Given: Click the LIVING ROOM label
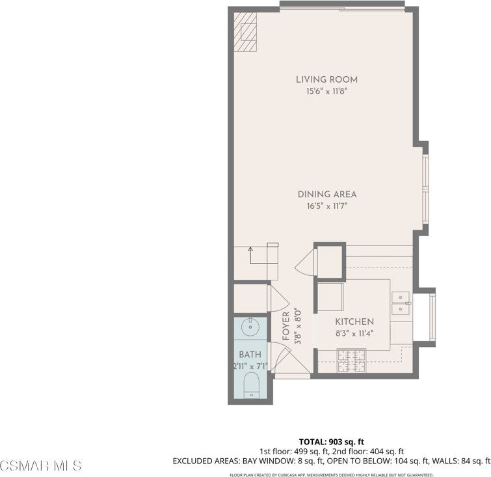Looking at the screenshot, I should (x=326, y=80).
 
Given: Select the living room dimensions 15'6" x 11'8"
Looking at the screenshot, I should (x=326, y=92).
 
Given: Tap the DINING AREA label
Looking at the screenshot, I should (x=326, y=195).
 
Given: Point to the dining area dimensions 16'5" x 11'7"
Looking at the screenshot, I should (x=326, y=206).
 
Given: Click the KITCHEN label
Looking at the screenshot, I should (x=354, y=322).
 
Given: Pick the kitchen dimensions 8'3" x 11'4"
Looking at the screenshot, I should (x=354, y=333).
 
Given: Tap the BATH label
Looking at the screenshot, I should (x=249, y=355).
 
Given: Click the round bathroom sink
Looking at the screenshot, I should (x=250, y=326).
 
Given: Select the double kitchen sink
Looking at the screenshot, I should (x=401, y=303).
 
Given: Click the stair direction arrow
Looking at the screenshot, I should (x=251, y=248).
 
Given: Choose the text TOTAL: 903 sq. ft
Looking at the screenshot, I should (x=331, y=441).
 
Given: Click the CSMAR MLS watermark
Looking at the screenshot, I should (x=41, y=465).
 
